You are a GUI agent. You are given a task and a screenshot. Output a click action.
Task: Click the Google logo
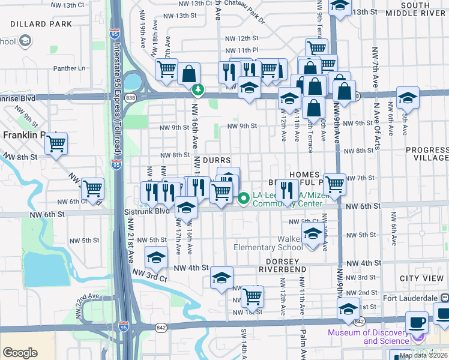click(x=20, y=353)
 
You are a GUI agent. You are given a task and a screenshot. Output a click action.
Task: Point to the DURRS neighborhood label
click(x=216, y=161)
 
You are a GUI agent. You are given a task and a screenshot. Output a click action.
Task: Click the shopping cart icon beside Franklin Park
click(x=56, y=143)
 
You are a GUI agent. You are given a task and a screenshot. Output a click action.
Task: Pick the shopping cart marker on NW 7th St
click(x=335, y=184)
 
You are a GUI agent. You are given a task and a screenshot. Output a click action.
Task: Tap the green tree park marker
click(x=197, y=91)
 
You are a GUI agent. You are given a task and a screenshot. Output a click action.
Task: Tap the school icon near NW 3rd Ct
click(x=157, y=258)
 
